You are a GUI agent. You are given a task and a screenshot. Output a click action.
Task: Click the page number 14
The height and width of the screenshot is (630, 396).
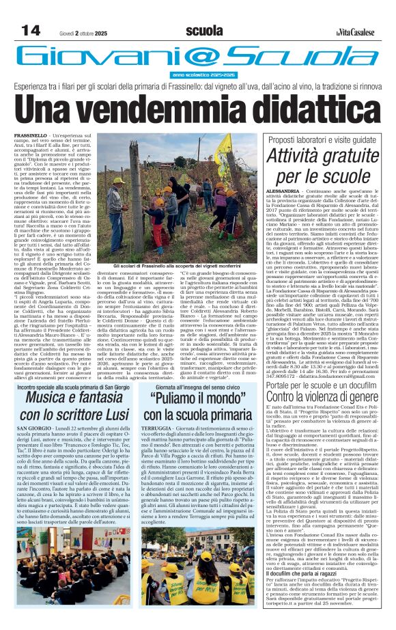(31, 31)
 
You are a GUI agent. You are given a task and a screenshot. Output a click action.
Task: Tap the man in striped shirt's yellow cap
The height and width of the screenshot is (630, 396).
(119, 180)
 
